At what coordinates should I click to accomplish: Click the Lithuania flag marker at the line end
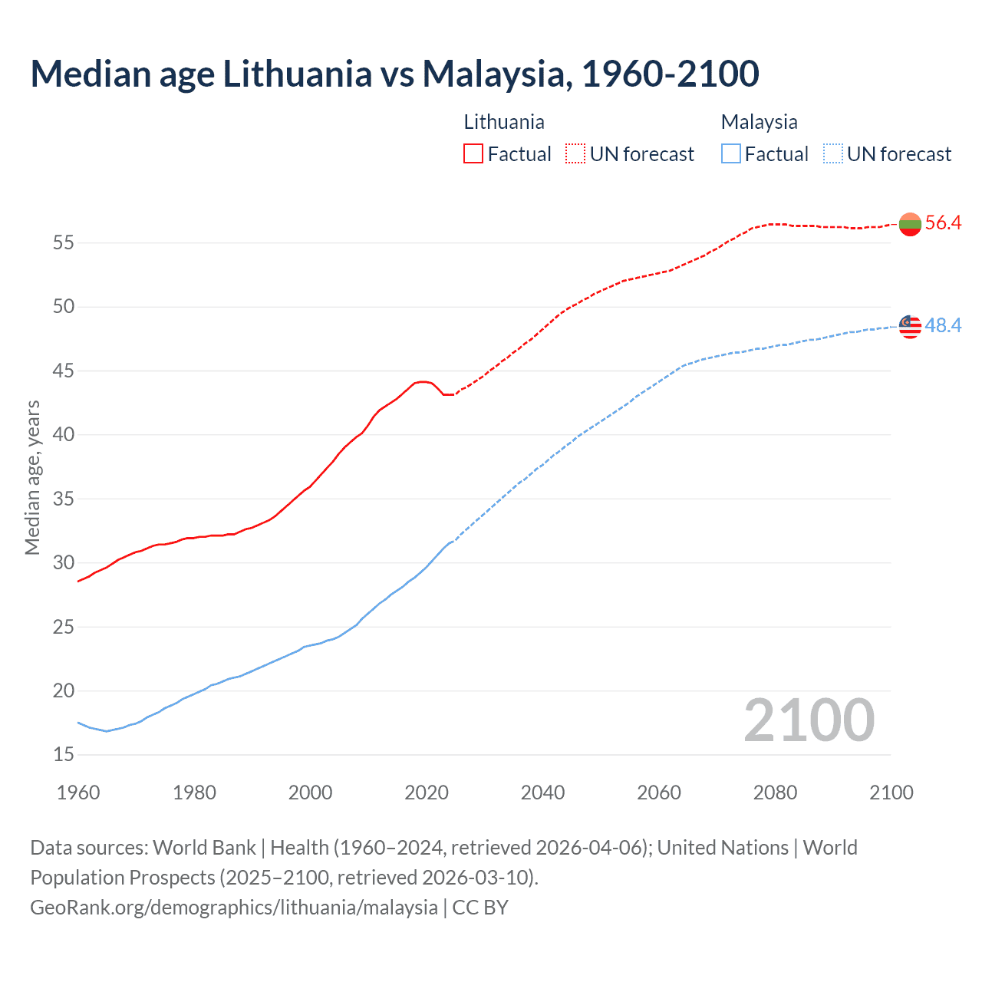point(910,224)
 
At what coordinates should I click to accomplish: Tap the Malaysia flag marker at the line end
point(910,326)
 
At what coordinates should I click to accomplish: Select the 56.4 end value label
point(943,223)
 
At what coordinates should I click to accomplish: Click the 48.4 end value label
point(943,326)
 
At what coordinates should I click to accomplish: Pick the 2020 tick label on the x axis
point(426,793)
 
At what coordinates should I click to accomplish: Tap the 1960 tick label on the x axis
point(78,793)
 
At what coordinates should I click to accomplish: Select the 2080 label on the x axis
point(775,793)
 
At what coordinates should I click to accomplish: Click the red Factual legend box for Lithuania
point(473,153)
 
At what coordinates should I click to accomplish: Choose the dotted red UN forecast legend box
point(575,153)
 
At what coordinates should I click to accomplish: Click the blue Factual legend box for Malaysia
point(731,153)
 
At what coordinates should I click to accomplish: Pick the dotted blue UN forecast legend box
point(832,153)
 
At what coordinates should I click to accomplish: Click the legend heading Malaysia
point(759,122)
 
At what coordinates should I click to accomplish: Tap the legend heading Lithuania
point(504,122)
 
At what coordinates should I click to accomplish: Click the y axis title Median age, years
point(32,477)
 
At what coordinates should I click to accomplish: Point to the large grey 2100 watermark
point(809,720)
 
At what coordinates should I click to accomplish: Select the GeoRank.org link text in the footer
point(233,907)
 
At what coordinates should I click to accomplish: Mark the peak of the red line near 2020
point(422,381)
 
